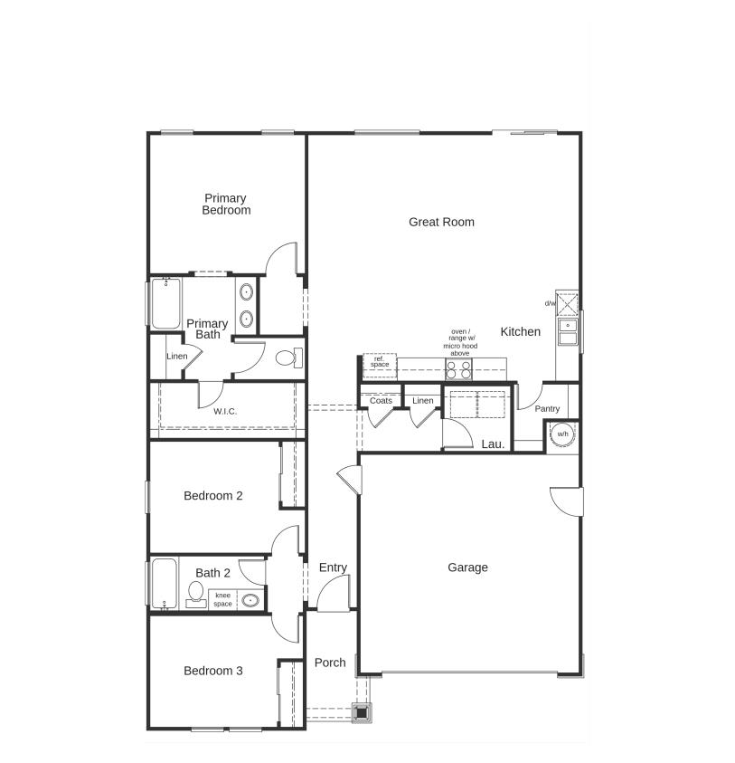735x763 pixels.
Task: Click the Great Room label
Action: [x=441, y=222]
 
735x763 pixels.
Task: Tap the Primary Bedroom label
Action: [x=225, y=205]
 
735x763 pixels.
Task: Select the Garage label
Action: [x=467, y=567]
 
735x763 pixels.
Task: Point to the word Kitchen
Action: [x=521, y=332]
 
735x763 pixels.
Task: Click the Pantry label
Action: [x=547, y=409]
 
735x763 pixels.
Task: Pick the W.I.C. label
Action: [x=225, y=412]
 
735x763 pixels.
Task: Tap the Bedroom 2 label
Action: [x=212, y=496]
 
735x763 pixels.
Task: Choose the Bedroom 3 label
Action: [x=212, y=671]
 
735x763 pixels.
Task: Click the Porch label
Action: [x=330, y=663]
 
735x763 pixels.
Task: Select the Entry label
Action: [x=333, y=567]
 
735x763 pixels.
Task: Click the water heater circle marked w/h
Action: [x=562, y=434]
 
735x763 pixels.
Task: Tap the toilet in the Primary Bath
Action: [x=288, y=357]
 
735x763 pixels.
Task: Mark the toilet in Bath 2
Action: [x=195, y=594]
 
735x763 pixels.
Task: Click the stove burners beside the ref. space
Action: [x=459, y=368]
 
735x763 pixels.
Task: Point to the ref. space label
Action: [x=380, y=363]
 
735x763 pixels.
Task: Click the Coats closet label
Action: [x=381, y=400]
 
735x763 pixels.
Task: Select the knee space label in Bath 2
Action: [x=222, y=599]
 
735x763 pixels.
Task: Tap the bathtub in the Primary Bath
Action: [x=165, y=304]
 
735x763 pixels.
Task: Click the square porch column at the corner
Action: [x=362, y=712]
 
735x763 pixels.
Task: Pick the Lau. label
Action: [x=493, y=444]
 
